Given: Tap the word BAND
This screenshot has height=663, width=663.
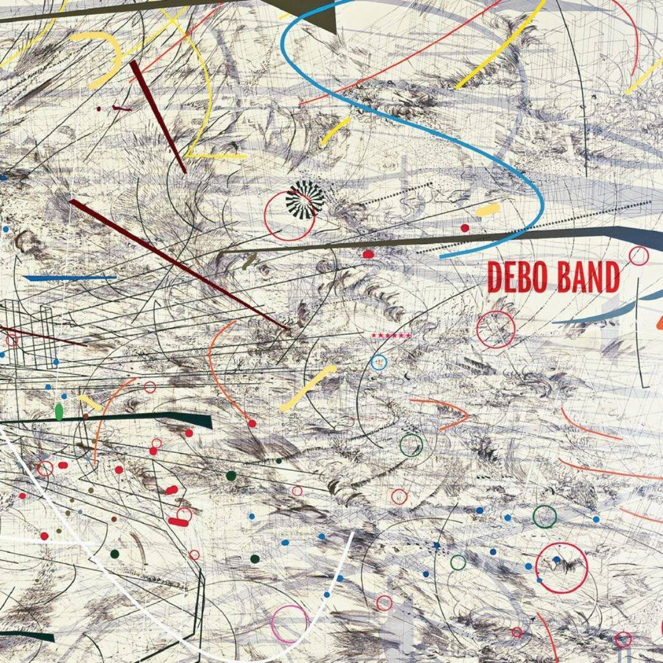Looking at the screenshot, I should coord(588,277).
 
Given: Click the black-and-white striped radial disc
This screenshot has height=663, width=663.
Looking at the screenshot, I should coord(305,198).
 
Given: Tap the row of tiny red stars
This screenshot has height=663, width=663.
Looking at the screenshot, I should coord(390,335).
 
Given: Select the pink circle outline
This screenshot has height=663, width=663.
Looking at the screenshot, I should coord(290,624).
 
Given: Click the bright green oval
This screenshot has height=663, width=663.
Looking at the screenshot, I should coord(59,411).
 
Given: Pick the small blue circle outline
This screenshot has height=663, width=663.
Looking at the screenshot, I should coord(379,362).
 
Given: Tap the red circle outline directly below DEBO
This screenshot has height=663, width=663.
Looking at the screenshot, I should coord(495,329).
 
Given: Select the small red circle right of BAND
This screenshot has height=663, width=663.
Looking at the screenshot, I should coord(638,255).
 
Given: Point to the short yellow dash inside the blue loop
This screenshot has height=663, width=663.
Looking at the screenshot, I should coord(488,210).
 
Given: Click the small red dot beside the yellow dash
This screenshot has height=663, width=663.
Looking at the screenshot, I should coord(465,228).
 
